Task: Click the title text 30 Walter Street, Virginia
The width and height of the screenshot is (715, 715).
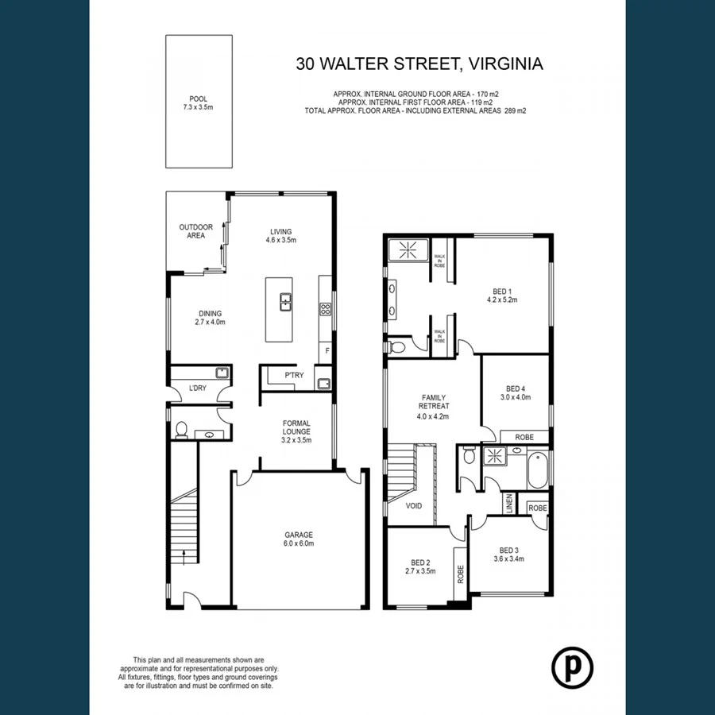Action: [419, 64]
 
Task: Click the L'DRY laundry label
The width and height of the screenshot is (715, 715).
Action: [197, 388]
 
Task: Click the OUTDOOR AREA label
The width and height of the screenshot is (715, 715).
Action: [195, 231]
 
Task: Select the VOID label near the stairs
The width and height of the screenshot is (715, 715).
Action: [414, 505]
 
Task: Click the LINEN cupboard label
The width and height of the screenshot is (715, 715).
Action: [509, 503]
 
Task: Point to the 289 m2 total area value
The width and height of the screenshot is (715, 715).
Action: [515, 111]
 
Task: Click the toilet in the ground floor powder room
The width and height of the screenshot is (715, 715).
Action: [181, 430]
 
